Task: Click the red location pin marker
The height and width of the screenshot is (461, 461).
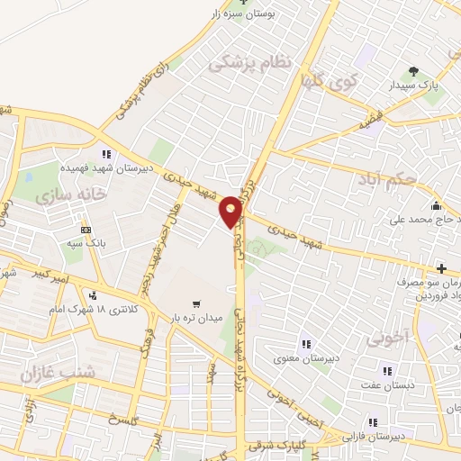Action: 231,211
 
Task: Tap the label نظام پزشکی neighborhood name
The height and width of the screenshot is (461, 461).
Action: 251,63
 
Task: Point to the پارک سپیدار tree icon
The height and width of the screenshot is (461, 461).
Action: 413,71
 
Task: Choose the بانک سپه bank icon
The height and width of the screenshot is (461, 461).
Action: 86,230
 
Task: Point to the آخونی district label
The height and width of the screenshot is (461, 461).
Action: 388,338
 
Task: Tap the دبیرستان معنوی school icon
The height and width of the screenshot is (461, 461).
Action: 305,342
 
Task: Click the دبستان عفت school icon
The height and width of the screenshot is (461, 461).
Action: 387,370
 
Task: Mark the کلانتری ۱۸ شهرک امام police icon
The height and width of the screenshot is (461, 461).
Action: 93,294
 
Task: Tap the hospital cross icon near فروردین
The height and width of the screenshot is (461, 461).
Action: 441,267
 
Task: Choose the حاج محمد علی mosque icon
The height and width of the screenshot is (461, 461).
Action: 436,204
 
